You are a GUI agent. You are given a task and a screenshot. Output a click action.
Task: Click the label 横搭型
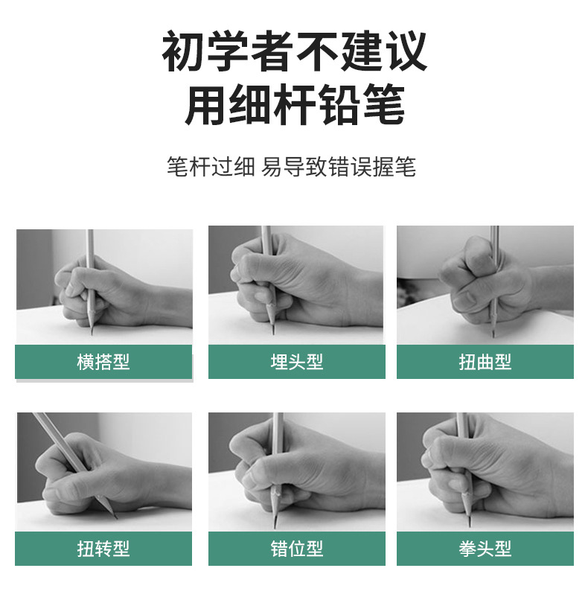click(103, 362)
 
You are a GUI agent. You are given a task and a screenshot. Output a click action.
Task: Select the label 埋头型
click(296, 362)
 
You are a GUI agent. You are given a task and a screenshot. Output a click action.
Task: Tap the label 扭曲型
click(485, 362)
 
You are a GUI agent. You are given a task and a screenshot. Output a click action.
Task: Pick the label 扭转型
click(103, 549)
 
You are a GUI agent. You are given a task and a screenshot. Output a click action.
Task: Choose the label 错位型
click(296, 549)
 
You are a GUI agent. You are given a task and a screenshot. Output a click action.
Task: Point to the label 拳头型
click(485, 549)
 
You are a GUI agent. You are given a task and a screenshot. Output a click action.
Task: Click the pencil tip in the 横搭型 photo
click(92, 333)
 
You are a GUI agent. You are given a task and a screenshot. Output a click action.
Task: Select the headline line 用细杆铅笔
click(295, 104)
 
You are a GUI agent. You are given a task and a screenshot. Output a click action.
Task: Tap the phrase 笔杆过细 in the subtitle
click(211, 167)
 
